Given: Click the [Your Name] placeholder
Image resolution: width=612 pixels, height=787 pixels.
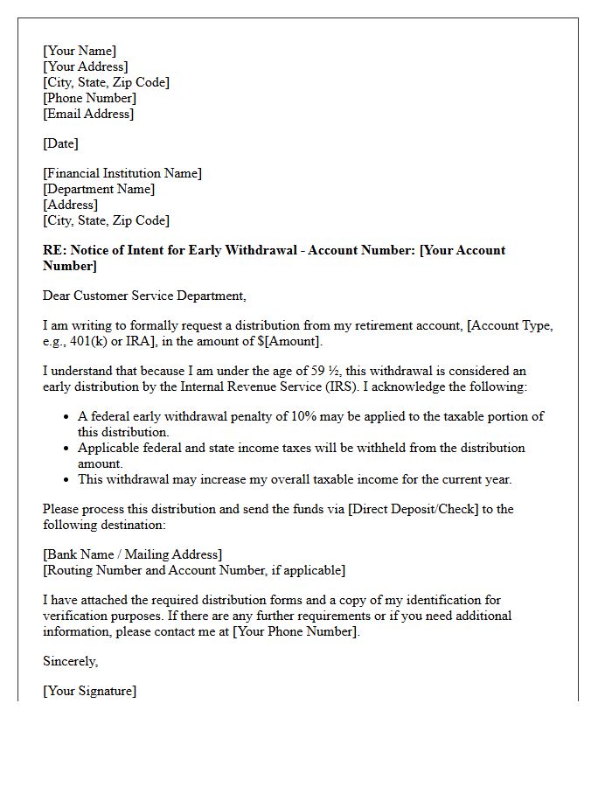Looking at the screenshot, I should coord(80,51).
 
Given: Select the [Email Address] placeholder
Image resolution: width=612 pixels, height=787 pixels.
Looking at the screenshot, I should coord(88,114).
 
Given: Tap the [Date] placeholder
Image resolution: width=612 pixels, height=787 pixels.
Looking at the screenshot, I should coord(60,143).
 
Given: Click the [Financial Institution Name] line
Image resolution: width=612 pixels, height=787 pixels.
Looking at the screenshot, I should coord(122,173).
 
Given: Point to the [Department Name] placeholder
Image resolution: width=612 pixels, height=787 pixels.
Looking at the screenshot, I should coord(99,189).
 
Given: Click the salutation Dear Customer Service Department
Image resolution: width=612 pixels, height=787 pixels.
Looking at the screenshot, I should coord(144,296).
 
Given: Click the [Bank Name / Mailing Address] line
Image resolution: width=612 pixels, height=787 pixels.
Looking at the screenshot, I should coord(132,554).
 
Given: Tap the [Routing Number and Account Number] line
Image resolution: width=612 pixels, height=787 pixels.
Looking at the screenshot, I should coord(194,570).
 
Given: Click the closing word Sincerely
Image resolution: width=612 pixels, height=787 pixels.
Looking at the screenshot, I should coord(70,661).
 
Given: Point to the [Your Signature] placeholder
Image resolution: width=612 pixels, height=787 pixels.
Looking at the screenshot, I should coord(89,691).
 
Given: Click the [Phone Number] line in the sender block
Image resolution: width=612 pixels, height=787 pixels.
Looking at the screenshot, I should coord(89,98).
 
